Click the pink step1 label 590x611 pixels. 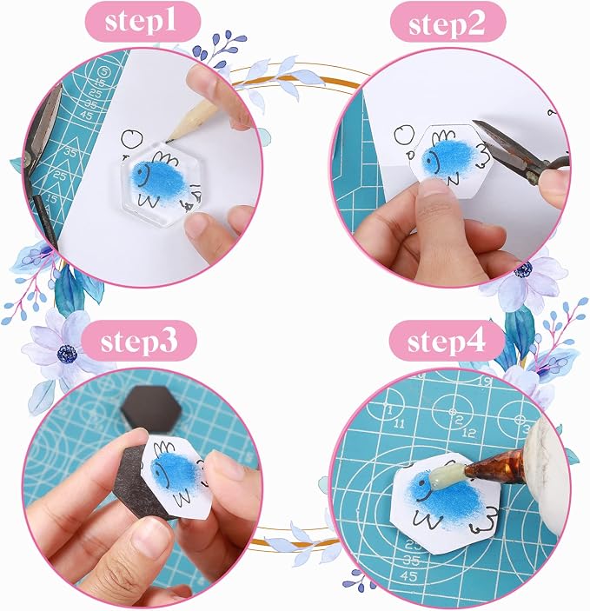tap(143, 22)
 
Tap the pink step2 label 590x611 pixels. tap(447, 23)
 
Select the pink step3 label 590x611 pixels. tap(139, 341)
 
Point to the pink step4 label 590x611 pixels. tap(447, 341)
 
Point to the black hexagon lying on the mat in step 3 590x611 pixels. tap(151, 408)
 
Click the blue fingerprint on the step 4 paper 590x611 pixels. tap(443, 495)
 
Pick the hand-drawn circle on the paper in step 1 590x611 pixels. tap(132, 138)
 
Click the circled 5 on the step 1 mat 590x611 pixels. tap(103, 72)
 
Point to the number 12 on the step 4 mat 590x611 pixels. tap(470, 432)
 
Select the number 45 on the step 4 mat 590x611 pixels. tap(408, 575)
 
